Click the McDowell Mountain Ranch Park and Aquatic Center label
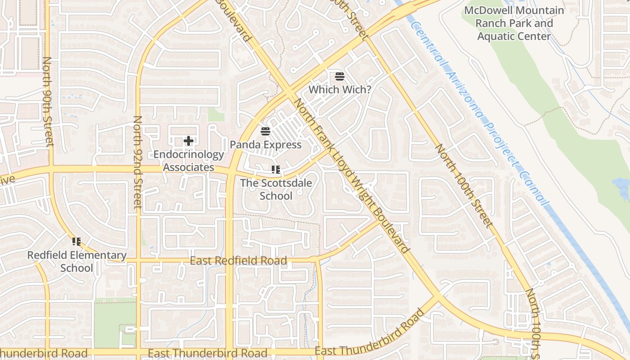click(514, 23)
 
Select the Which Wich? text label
click(340, 90)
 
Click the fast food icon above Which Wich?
click(340, 76)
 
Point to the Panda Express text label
click(265, 145)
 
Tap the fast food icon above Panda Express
click(265, 131)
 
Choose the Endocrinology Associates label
click(189, 161)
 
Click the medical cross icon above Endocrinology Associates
click(189, 141)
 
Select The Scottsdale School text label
click(276, 189)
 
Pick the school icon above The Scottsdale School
click(276, 170)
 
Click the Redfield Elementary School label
click(77, 261)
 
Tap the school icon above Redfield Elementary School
click(76, 242)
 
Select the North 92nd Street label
click(138, 162)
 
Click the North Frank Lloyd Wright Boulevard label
click(351, 175)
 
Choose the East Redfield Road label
click(238, 261)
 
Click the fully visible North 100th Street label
click(462, 185)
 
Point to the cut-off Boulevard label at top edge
click(234, 20)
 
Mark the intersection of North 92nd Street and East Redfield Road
click(138, 261)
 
